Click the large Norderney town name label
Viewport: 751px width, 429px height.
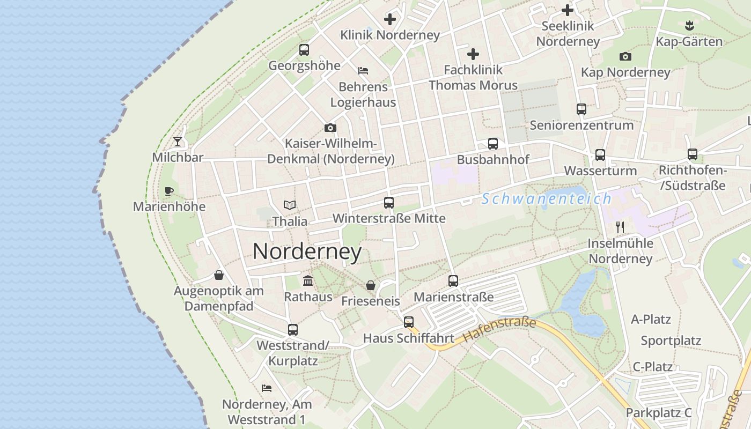click(x=307, y=252)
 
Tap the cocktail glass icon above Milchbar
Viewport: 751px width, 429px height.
click(x=178, y=142)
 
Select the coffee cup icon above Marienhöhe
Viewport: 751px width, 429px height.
click(x=169, y=191)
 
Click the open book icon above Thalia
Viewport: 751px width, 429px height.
click(x=290, y=205)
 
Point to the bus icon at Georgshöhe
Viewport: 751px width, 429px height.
click(x=304, y=50)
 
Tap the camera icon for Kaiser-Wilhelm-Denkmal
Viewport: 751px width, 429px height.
click(x=330, y=128)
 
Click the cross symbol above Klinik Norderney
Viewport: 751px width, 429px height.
click(x=390, y=19)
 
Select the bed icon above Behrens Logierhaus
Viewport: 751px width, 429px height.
click(x=363, y=71)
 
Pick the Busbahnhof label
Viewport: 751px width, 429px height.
click(x=493, y=159)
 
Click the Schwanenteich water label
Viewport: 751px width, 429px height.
click(x=546, y=199)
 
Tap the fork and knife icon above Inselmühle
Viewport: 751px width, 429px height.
click(x=621, y=227)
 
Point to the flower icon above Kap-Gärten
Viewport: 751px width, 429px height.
click(x=689, y=25)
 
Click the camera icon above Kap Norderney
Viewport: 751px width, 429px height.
click(x=625, y=56)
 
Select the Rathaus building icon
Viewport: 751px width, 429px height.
click(x=308, y=280)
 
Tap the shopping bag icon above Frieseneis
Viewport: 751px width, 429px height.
click(x=370, y=285)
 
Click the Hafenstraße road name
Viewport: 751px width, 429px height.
click(x=499, y=330)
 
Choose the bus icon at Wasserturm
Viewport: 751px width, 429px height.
click(x=600, y=155)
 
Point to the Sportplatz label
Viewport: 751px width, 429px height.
click(x=671, y=341)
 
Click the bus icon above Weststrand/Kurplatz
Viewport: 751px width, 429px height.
click(x=293, y=330)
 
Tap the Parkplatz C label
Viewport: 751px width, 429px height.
click(x=658, y=413)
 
